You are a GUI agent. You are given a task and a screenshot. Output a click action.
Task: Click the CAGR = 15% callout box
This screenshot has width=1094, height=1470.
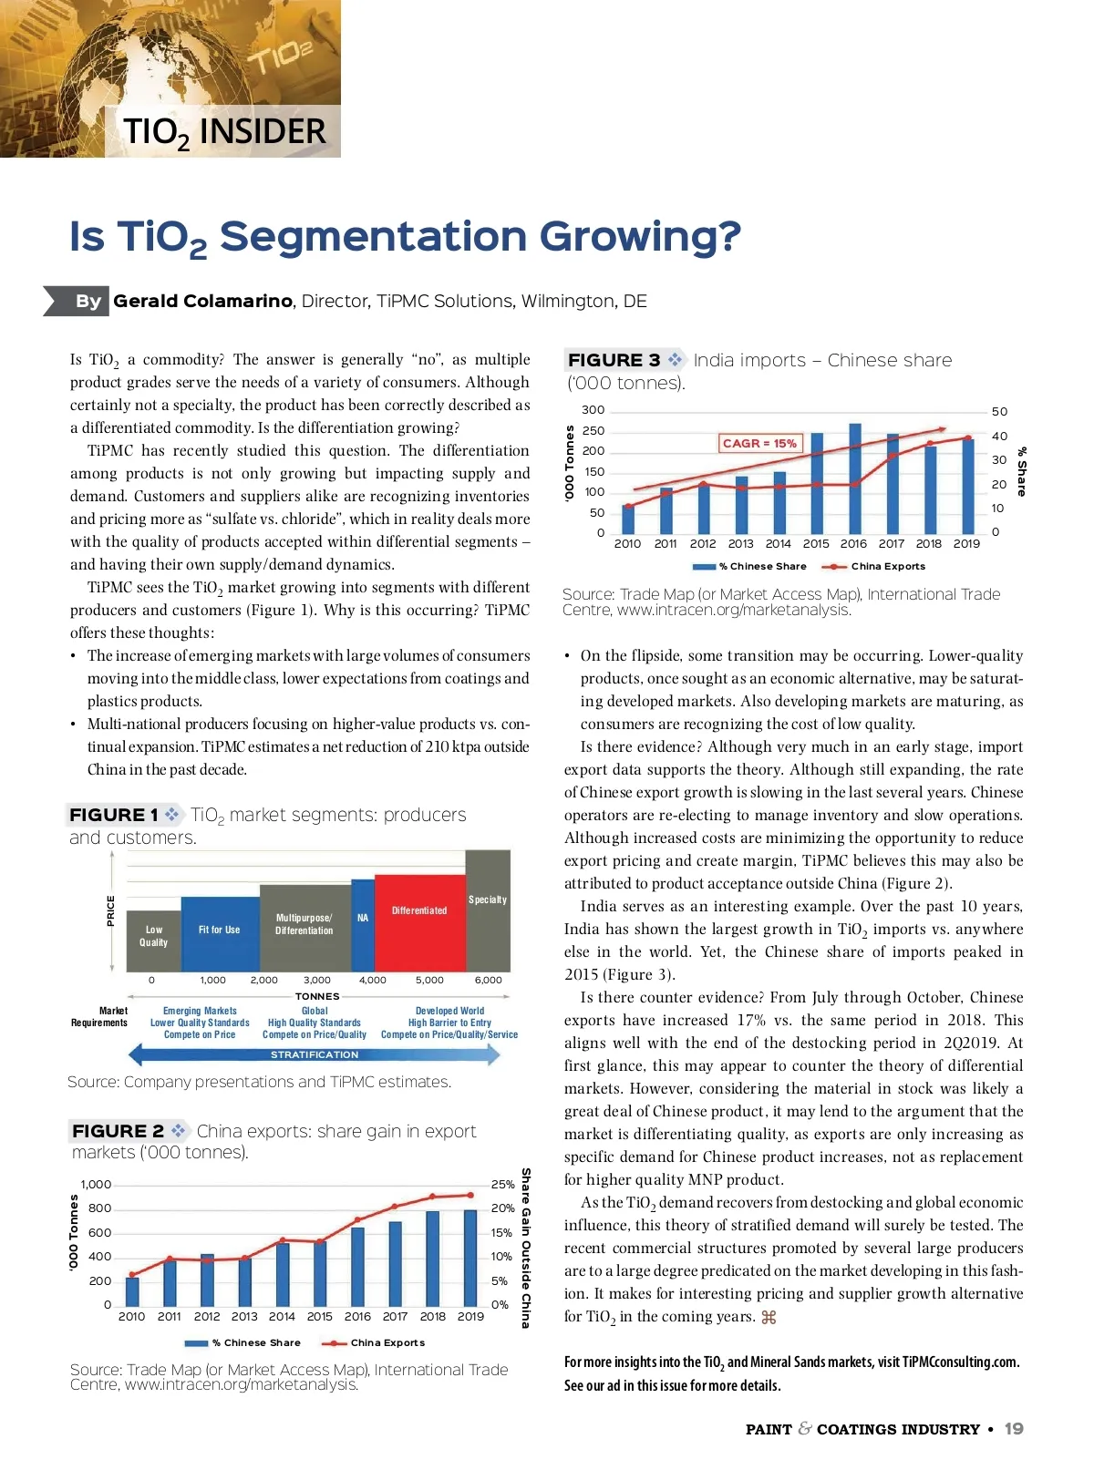(759, 443)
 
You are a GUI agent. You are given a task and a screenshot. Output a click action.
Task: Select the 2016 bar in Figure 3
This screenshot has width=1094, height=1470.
(854, 478)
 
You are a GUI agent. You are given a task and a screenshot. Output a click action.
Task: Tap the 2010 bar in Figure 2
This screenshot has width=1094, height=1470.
(132, 1291)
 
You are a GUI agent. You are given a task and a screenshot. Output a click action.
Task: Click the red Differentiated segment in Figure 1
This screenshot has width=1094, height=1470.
(419, 922)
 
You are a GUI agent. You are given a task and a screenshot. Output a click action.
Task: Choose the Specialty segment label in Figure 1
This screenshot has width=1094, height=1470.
(488, 899)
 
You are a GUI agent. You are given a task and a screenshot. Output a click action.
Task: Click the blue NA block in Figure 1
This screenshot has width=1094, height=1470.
(363, 924)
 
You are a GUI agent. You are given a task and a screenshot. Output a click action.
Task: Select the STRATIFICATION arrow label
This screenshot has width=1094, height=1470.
(315, 1054)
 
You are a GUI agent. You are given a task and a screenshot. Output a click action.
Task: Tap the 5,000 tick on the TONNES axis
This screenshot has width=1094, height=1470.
(429, 980)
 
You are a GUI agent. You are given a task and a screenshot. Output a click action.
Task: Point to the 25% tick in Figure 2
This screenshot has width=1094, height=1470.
(502, 1185)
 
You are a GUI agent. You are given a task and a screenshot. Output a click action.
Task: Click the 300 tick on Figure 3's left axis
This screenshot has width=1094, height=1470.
(593, 410)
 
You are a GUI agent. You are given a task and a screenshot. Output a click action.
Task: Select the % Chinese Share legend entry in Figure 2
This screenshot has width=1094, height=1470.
(255, 1342)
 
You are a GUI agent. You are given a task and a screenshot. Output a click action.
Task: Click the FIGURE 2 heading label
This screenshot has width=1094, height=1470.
(118, 1131)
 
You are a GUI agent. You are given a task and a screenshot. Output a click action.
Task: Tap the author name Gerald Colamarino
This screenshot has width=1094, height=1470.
(202, 301)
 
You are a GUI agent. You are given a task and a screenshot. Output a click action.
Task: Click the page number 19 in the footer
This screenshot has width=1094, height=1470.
(1014, 1429)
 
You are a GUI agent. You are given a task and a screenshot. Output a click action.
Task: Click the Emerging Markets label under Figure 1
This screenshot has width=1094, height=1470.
(200, 1011)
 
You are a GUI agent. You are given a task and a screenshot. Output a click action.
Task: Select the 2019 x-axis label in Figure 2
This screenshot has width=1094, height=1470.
(470, 1316)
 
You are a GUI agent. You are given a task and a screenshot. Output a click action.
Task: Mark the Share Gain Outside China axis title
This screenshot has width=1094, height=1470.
(526, 1248)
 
